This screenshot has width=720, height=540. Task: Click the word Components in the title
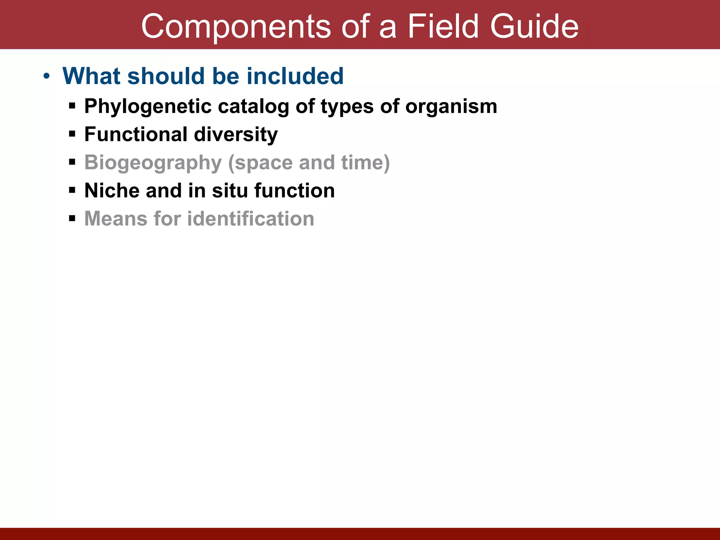236,27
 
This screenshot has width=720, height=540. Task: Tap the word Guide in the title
534,27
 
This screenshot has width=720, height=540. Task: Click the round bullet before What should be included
47,76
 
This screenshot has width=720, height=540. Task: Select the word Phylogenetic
148,106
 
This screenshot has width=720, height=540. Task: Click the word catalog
253,106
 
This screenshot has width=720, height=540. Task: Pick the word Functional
136,134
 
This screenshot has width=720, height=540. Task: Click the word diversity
236,134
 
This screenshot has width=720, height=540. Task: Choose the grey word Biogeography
153,162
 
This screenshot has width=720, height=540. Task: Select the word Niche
112,191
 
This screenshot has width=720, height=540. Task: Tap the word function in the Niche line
295,191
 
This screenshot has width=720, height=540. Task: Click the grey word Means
116,219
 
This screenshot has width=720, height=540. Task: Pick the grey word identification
251,219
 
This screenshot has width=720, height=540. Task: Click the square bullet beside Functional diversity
72,134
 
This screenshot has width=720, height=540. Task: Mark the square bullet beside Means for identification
72,218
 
